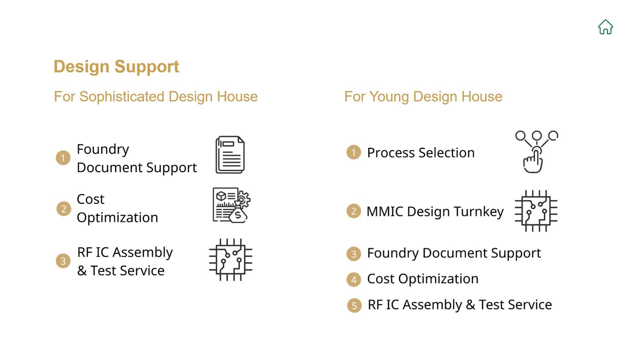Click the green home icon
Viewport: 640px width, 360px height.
coord(605,27)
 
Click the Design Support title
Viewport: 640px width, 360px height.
coord(116,67)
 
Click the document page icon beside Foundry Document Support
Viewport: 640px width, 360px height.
coord(230,155)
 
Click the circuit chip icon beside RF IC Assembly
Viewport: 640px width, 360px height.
coord(231,260)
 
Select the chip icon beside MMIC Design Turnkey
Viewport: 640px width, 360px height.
coord(536,211)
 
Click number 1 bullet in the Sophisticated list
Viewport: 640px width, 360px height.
coord(63,158)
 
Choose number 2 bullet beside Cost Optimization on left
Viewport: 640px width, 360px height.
coord(64,209)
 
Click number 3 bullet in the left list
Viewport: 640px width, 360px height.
coord(63,261)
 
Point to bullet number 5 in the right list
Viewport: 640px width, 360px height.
coord(354,305)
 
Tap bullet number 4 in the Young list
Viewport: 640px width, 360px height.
coord(354,279)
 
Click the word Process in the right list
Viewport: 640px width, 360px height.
coord(391,153)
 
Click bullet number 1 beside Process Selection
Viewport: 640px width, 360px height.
coord(354,152)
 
